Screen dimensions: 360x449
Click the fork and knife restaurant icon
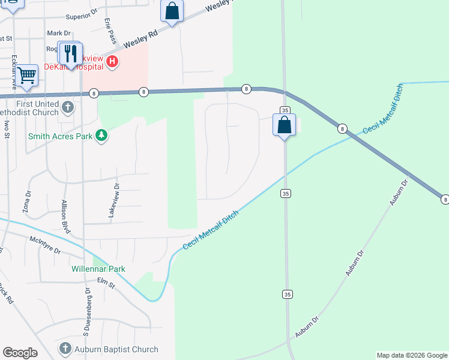[71, 53]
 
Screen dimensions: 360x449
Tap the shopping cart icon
[26, 76]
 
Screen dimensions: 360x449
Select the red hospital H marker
[112, 61]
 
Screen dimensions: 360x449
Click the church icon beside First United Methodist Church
[68, 107]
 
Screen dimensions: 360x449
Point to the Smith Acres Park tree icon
[103, 136]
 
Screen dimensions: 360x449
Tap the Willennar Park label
[98, 269]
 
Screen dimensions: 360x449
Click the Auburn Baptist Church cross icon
[65, 349]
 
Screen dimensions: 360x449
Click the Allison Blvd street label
[65, 213]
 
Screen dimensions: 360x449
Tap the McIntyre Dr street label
[45, 245]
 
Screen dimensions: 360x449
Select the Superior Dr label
[81, 17]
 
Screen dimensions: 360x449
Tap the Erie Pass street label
[109, 29]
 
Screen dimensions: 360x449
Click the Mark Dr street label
[59, 33]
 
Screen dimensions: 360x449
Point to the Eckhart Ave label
[13, 70]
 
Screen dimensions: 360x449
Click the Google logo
[20, 352]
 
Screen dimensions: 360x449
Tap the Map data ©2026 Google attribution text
[411, 355]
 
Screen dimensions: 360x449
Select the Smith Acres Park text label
[60, 136]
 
